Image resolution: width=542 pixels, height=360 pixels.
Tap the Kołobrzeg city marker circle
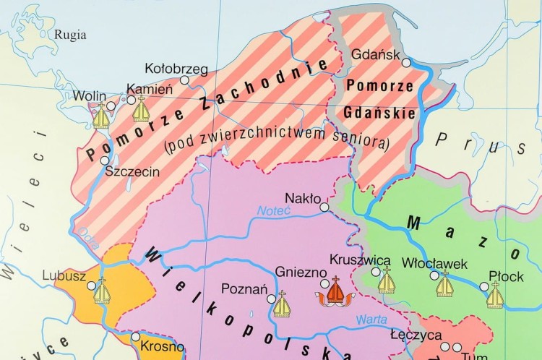185,80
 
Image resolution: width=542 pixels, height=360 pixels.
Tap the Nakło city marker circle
324,207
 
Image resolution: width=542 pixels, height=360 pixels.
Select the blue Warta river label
371,319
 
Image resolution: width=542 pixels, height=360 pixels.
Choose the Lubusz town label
64,275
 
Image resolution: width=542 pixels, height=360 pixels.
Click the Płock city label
506,275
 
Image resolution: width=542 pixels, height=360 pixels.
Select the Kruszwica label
360,260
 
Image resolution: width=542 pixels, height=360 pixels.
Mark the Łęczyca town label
416,335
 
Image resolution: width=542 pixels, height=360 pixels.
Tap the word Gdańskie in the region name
390,113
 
